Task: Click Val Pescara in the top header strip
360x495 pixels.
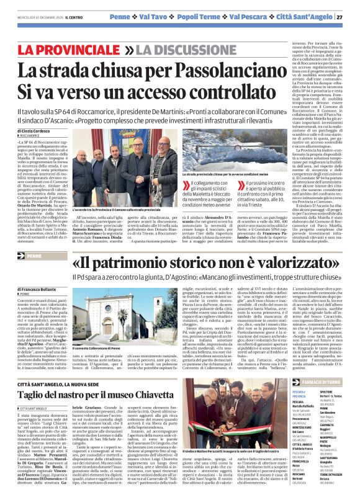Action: tap(251, 17)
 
